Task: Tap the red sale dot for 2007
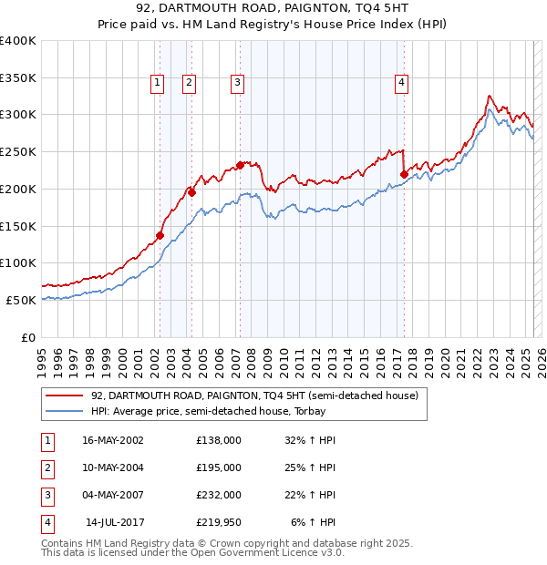pyautogui.click(x=240, y=165)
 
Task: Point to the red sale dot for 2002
pyautogui.click(x=160, y=235)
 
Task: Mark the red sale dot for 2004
pyautogui.click(x=191, y=192)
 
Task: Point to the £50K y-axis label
pyautogui.click(x=22, y=300)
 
